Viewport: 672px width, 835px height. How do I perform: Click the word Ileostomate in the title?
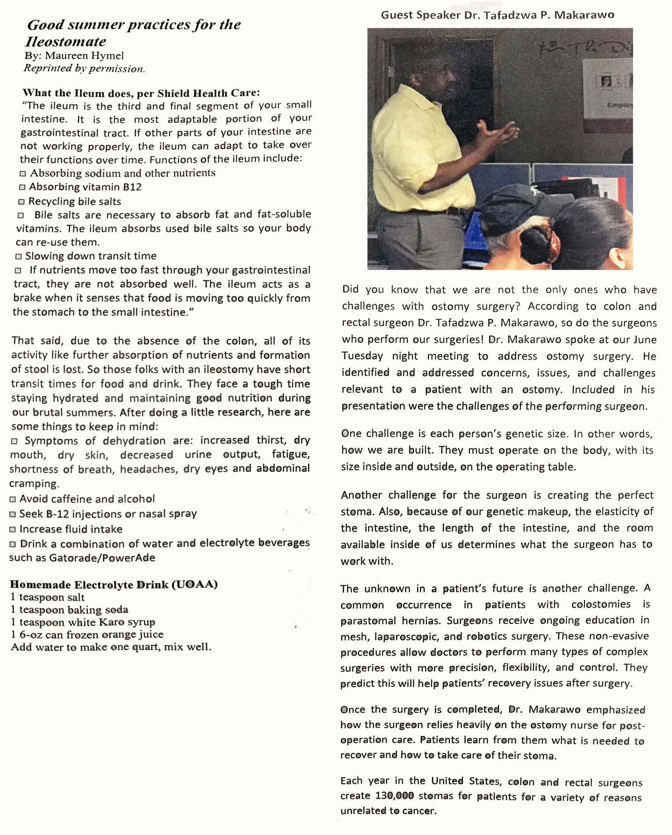coord(66,41)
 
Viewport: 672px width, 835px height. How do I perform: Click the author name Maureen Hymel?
coord(84,56)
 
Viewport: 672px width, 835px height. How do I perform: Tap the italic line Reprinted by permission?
coord(84,69)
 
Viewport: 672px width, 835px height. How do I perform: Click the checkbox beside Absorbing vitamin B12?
coord(22,187)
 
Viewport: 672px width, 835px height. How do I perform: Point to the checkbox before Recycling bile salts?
coord(21,202)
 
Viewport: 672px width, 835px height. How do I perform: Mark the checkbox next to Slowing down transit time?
coord(18,257)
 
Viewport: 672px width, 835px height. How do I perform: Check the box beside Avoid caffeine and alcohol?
coord(13,500)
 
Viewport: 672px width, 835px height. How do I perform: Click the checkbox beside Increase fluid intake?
coord(12,530)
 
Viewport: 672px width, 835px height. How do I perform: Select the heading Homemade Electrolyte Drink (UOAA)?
coord(114,584)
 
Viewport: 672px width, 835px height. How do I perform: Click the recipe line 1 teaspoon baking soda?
coord(70,610)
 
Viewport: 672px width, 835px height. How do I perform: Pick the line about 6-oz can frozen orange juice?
coord(87,635)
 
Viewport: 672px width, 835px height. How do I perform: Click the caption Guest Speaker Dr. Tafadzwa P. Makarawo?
coord(497,15)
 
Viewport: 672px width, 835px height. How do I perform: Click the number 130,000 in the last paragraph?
coord(395,796)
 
